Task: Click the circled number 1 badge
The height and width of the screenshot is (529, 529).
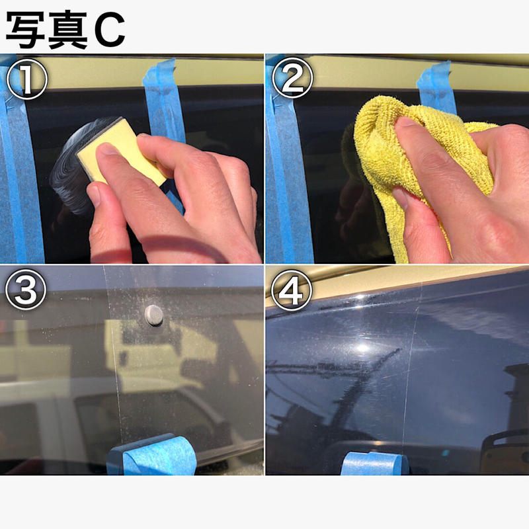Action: click(26, 80)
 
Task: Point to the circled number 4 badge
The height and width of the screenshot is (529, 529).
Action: click(292, 291)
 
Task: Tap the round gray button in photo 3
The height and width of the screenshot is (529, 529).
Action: click(153, 315)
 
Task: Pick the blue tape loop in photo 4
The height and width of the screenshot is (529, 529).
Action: click(374, 463)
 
